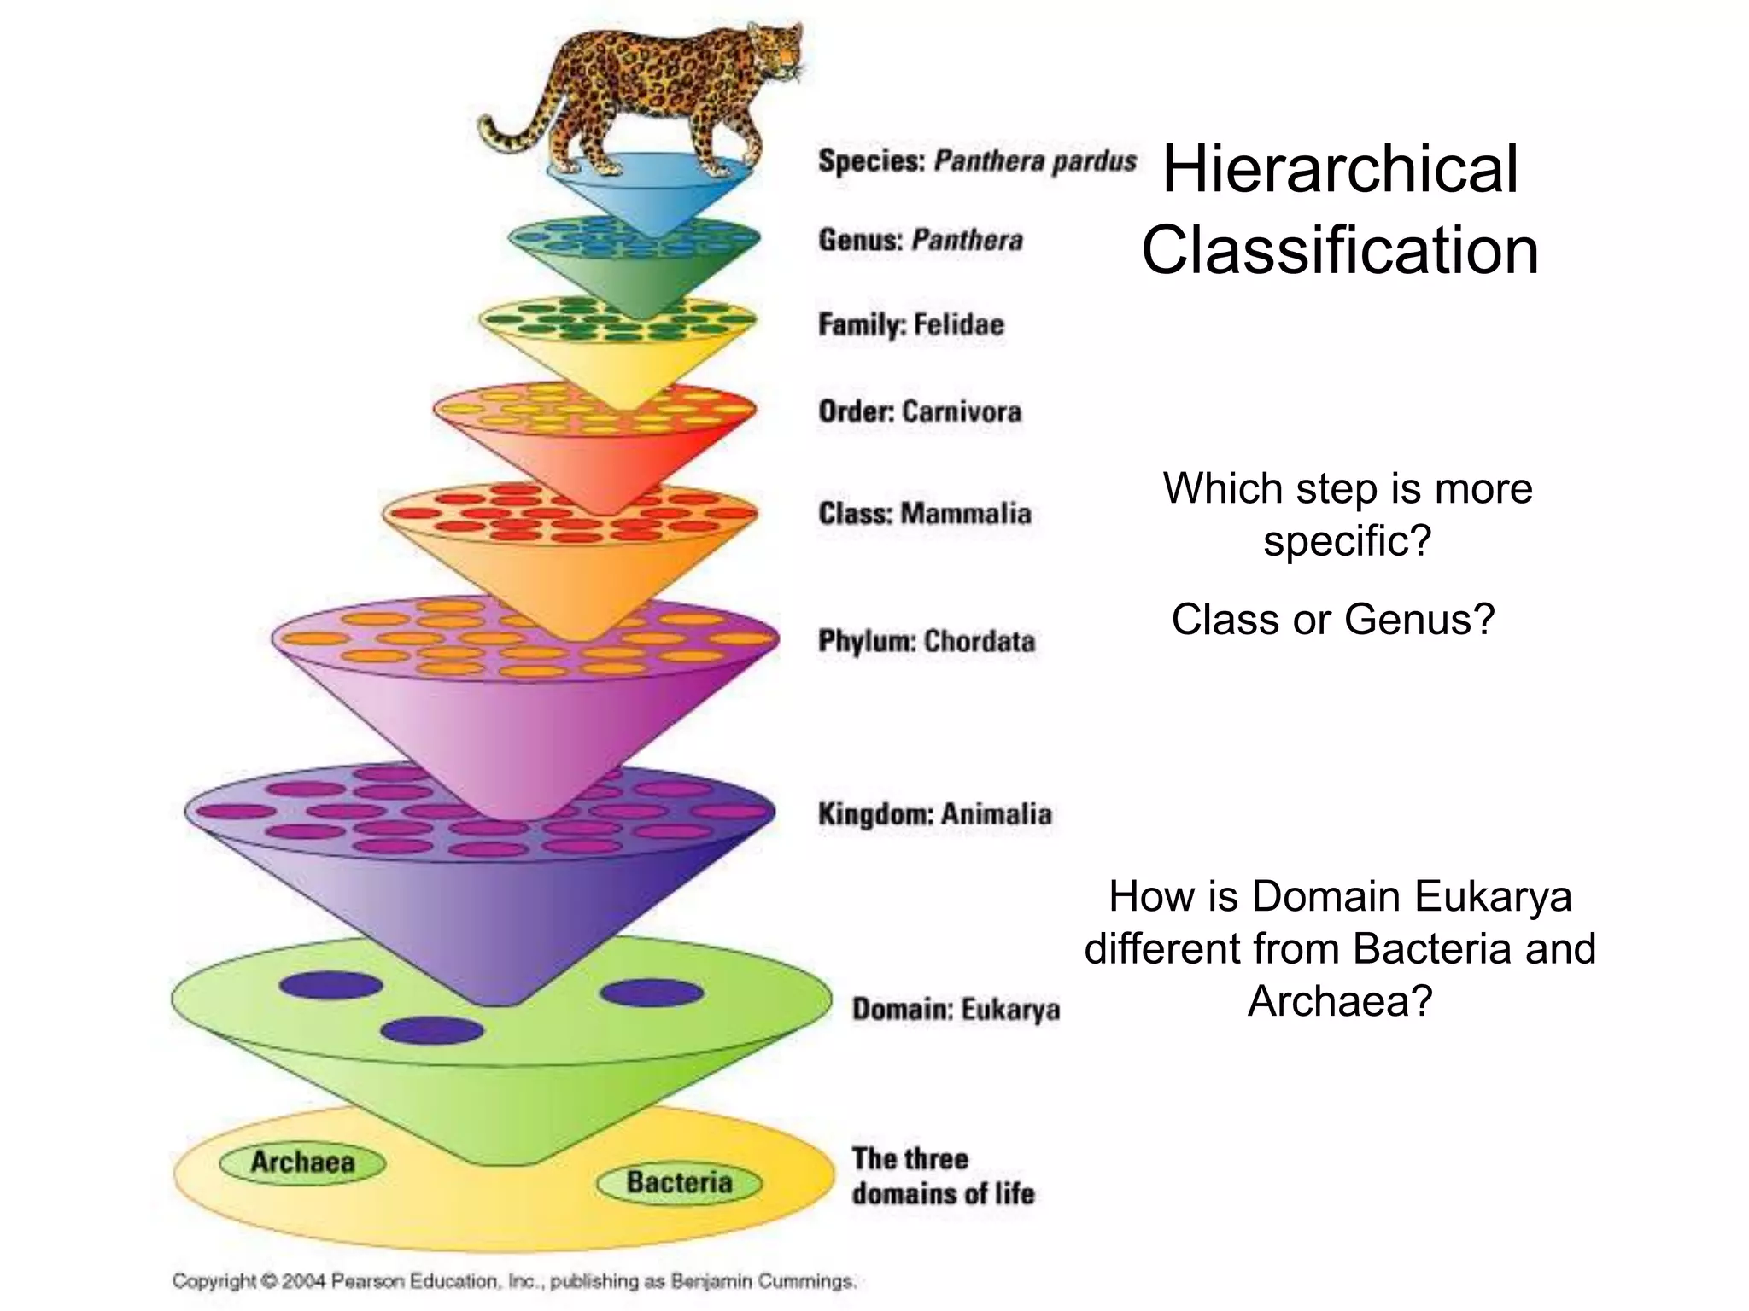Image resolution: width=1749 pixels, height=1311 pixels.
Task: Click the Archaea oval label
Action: click(302, 1162)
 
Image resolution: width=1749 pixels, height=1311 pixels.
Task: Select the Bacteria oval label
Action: click(679, 1182)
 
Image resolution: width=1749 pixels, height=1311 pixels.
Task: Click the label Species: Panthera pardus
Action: click(977, 161)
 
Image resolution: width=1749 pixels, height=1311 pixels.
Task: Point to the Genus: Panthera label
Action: click(920, 240)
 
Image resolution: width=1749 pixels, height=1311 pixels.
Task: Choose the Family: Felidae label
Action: click(910, 324)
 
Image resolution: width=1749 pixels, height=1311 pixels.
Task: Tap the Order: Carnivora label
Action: click(919, 411)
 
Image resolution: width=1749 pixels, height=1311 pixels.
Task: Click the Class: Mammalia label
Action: click(924, 513)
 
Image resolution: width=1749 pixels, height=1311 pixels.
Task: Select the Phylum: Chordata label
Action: click(927, 640)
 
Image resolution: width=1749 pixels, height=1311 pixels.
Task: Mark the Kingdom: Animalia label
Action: click(934, 813)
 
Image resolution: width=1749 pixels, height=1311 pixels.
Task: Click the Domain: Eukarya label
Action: click(956, 1009)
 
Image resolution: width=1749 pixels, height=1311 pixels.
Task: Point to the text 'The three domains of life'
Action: click(942, 1175)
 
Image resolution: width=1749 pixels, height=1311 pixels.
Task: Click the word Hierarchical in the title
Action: click(1340, 169)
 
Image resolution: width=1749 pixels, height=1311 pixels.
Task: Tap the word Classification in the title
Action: click(1340, 250)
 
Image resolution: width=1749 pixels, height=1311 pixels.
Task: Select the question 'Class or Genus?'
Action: click(1332, 619)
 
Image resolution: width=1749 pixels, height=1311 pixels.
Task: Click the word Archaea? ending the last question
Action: click(1339, 1000)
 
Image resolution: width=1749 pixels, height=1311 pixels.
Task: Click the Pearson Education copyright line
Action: click(513, 1280)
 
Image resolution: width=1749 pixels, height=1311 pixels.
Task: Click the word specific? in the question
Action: click(1347, 540)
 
